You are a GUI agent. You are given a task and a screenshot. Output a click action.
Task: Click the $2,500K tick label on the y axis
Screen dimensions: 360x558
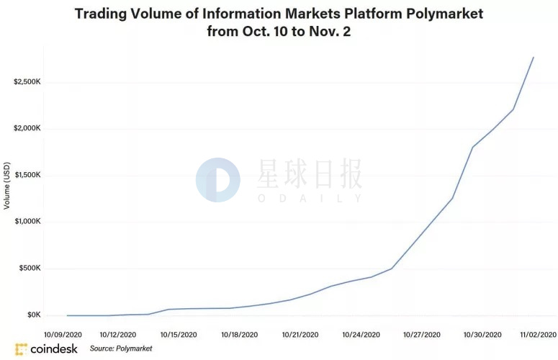click(27, 82)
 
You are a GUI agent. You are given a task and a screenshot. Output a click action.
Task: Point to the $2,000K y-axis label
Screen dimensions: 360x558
click(27, 129)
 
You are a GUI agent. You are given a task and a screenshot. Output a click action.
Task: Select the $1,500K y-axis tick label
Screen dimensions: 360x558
click(27, 176)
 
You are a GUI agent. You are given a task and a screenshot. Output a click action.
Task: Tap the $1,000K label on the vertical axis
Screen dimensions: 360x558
click(27, 222)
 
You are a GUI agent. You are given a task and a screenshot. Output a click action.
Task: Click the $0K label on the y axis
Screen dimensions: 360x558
click(33, 315)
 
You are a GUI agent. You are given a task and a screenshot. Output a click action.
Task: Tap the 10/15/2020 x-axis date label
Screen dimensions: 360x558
click(179, 335)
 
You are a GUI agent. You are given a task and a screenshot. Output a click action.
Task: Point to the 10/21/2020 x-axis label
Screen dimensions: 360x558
click(300, 335)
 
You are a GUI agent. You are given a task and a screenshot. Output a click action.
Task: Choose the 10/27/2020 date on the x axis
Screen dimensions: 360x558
click(421, 335)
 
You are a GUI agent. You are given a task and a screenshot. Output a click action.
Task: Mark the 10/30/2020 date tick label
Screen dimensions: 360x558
click(482, 335)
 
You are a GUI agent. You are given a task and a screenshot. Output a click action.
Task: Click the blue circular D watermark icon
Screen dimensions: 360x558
click(217, 180)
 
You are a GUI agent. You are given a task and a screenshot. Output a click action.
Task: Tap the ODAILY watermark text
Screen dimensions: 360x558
click(310, 197)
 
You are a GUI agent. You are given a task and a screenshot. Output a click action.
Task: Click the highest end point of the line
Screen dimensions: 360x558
click(534, 57)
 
